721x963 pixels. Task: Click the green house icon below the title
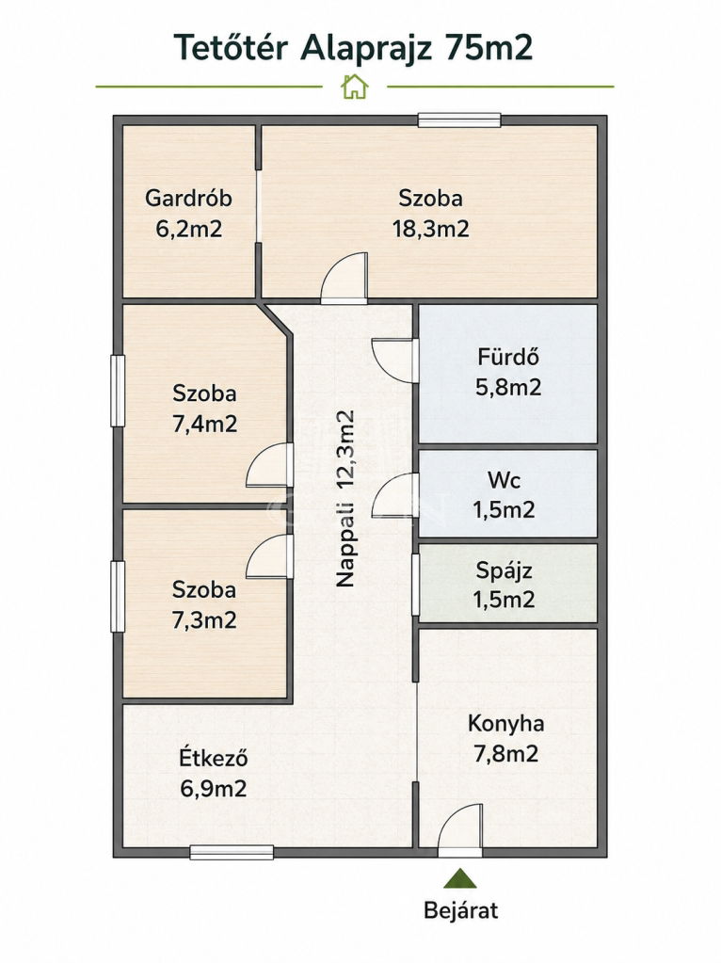[x=355, y=87]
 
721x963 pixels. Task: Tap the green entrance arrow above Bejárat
[x=460, y=878]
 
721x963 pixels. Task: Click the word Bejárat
[x=460, y=910]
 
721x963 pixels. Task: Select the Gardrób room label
[x=188, y=199]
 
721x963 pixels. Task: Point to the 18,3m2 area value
[x=430, y=229]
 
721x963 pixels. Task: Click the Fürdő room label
[x=508, y=357]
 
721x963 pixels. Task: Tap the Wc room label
[x=505, y=480]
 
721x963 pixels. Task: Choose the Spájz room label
[x=505, y=571]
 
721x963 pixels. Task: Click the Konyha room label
[x=506, y=724]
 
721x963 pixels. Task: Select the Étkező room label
[x=213, y=758]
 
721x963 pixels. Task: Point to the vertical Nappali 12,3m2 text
[x=345, y=499]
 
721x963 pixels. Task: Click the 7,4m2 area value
[x=204, y=425]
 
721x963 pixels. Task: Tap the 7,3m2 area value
[x=204, y=620]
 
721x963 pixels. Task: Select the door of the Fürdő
[x=395, y=360]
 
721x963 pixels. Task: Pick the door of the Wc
[x=395, y=496]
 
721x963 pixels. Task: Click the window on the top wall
[x=459, y=120]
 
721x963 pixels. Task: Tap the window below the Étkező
[x=232, y=853]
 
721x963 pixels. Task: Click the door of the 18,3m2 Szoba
[x=344, y=279]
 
